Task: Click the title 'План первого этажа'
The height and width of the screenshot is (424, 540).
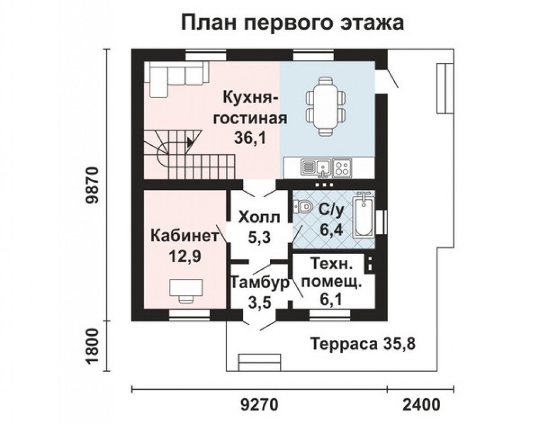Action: (293, 23)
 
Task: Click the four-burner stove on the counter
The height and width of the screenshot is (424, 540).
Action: (342, 166)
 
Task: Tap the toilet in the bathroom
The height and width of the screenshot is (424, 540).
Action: (303, 207)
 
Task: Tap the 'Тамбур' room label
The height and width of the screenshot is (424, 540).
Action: (260, 283)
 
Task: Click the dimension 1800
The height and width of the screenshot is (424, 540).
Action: (92, 346)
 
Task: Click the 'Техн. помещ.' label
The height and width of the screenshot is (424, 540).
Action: (333, 273)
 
